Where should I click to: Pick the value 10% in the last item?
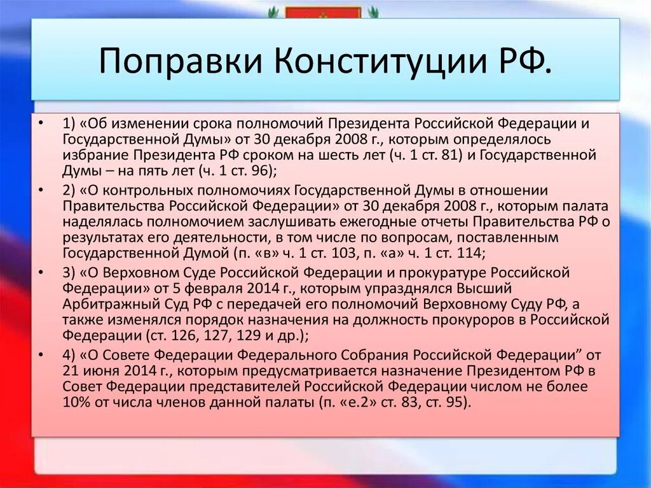pos(76,401)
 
